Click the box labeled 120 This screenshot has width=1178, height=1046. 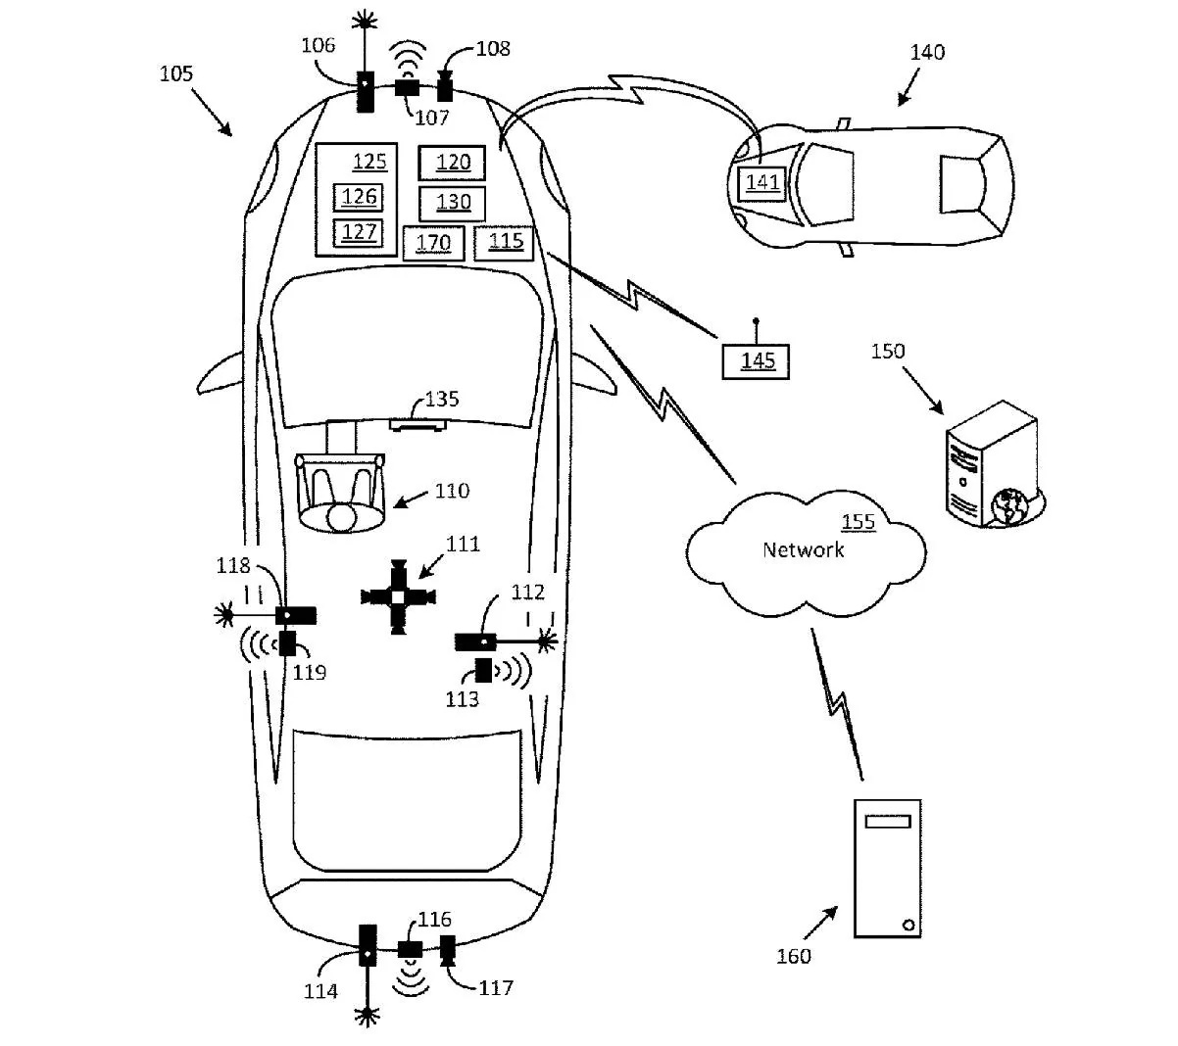tap(451, 163)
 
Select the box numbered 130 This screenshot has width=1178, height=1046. tap(452, 204)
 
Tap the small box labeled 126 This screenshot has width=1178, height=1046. tap(358, 198)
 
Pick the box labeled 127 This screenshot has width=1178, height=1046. tap(358, 232)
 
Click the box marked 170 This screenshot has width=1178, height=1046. tap(434, 243)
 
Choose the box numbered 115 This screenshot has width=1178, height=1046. tap(504, 243)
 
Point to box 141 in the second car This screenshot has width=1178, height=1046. tap(762, 183)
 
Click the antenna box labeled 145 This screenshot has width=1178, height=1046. tap(756, 361)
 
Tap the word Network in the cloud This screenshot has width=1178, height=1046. tap(803, 549)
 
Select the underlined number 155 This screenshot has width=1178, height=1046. tap(859, 522)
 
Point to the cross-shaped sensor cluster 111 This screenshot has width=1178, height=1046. tap(398, 596)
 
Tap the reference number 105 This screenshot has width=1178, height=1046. tap(176, 73)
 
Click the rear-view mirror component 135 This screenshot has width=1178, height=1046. tap(417, 425)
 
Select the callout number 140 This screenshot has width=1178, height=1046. tap(927, 52)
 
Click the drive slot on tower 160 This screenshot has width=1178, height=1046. tap(887, 821)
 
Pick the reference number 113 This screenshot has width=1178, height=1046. tap(463, 699)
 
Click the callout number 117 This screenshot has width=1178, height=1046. tap(496, 988)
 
